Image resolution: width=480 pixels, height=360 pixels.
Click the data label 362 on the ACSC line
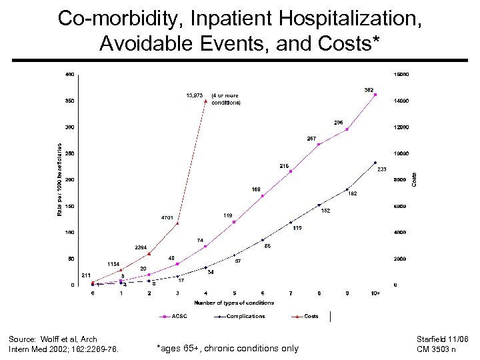point(369,89)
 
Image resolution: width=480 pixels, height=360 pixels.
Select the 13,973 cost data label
point(194,95)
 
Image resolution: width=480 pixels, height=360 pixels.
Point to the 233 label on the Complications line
point(382,170)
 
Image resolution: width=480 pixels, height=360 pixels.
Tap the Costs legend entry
point(311,316)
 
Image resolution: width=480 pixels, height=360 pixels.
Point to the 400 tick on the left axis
point(69,74)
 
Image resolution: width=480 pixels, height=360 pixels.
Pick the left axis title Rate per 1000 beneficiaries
point(59,179)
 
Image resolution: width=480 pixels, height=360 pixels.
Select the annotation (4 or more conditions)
point(225,99)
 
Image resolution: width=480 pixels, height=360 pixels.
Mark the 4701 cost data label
point(167,217)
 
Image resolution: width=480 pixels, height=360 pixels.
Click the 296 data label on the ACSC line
point(339,122)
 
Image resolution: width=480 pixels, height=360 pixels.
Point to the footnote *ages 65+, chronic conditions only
point(227,348)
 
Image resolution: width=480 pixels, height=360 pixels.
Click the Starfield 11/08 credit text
point(443,339)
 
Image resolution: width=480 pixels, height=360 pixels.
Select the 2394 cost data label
point(141,247)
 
